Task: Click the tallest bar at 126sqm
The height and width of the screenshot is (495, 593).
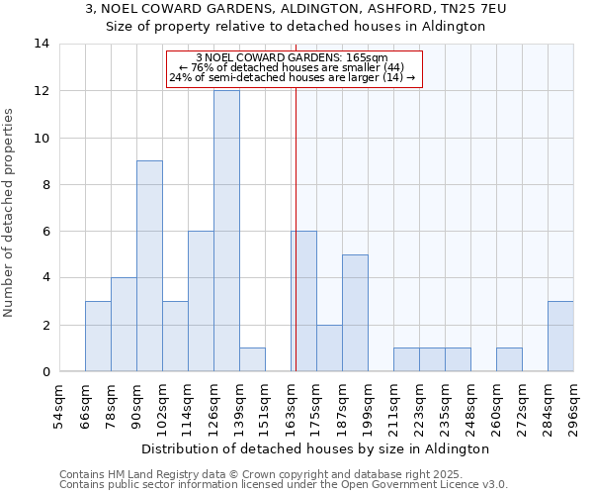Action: [x=226, y=231]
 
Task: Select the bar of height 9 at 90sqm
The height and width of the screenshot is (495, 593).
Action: [x=149, y=266]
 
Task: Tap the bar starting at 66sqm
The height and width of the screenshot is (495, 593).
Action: [x=98, y=337]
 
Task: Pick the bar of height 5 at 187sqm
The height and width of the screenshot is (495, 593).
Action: [x=355, y=313]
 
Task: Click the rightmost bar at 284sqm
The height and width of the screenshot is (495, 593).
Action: [x=560, y=337]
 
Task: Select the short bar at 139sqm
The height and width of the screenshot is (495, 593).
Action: [x=252, y=360]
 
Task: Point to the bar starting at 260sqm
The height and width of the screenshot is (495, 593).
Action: [x=509, y=360]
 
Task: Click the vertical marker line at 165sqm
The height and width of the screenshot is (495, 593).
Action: [x=296, y=228]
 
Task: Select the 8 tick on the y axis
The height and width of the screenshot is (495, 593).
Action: [x=44, y=184]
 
